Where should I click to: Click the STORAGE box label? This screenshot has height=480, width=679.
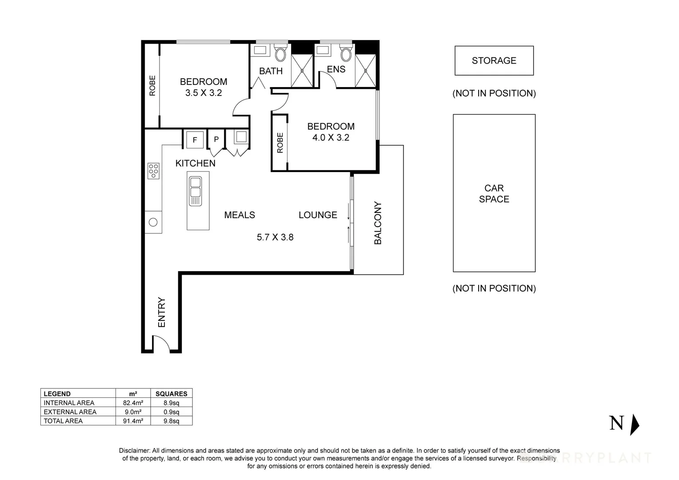(x=494, y=60)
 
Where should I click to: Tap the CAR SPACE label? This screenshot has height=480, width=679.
(x=494, y=194)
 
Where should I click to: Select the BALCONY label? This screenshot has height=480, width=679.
(x=378, y=223)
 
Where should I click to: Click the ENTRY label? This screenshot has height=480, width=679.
(x=161, y=312)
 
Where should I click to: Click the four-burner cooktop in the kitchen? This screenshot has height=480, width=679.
(x=154, y=171)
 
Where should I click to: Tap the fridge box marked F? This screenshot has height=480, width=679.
(x=195, y=140)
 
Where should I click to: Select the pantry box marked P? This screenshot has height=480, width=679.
(x=216, y=139)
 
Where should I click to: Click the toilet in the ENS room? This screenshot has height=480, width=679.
(x=346, y=54)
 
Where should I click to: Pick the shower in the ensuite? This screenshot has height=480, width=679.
(x=366, y=70)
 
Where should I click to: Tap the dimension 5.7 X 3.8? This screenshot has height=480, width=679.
(x=275, y=237)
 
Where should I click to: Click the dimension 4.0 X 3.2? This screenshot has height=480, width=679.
(x=331, y=138)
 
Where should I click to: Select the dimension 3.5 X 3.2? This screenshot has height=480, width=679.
(x=204, y=93)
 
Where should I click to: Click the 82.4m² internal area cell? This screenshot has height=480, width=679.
(x=133, y=403)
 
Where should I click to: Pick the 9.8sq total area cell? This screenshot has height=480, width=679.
(x=171, y=421)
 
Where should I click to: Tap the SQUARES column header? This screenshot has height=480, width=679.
(x=171, y=394)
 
